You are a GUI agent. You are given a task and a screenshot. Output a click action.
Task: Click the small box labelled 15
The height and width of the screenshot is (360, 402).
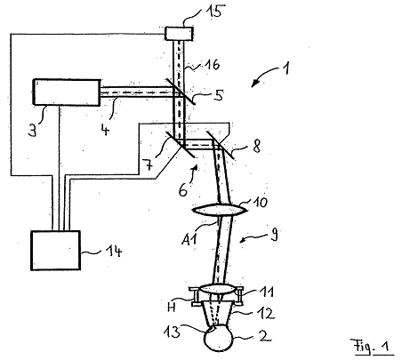[179, 33]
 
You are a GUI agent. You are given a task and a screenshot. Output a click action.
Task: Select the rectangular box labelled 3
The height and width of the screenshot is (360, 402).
[67, 92]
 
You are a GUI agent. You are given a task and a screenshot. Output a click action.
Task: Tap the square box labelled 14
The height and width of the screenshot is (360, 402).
[55, 251]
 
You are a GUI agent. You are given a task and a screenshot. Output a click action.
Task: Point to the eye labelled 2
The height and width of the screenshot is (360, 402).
[219, 338]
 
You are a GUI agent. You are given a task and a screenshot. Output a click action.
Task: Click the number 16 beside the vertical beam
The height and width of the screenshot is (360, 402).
[213, 65]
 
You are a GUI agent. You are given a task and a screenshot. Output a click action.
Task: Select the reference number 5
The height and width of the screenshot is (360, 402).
[219, 95]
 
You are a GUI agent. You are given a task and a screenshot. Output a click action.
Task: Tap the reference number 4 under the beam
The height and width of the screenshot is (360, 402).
[105, 129]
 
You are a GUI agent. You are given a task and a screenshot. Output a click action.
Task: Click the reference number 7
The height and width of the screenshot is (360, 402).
[148, 164]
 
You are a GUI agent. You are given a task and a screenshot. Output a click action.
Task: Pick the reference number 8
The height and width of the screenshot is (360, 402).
[256, 146]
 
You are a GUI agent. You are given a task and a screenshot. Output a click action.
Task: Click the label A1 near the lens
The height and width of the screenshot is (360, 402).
[189, 237]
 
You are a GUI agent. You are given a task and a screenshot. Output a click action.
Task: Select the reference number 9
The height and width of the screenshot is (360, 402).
[274, 236]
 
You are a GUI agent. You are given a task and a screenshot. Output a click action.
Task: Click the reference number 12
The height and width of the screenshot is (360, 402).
[267, 313]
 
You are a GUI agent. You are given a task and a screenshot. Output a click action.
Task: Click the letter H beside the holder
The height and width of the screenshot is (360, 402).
[172, 308]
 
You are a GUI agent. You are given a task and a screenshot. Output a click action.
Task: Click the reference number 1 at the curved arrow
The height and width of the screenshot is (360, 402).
[285, 68]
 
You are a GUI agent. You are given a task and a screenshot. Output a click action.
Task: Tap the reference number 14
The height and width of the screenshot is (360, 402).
[114, 252]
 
